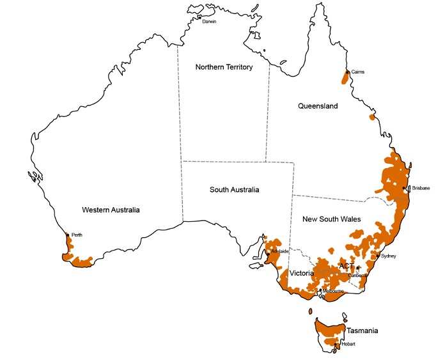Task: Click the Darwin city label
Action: click(209, 22)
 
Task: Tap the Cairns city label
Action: click(357, 72)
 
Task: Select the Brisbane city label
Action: click(421, 188)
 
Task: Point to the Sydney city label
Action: click(389, 256)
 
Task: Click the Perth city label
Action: click(77, 235)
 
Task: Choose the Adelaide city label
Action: click(280, 252)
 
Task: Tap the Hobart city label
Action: click(349, 344)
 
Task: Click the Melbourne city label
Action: click(334, 292)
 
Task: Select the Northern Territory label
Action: click(224, 67)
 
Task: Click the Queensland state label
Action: click(317, 106)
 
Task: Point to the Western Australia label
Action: click(111, 210)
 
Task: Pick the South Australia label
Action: click(235, 190)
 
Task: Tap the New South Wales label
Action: click(331, 219)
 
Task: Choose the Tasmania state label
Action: click(362, 331)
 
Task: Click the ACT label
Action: click(346, 265)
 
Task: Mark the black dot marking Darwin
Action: click(199, 17)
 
